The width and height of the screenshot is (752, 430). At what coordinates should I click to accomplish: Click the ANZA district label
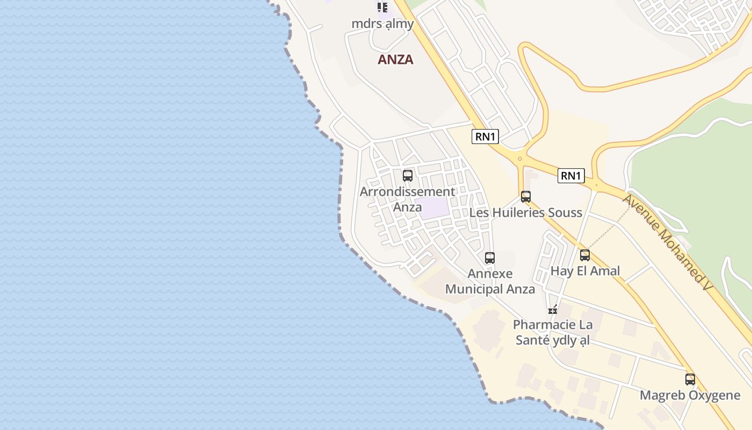click(395, 60)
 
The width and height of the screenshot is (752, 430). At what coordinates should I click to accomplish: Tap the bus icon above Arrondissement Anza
click(408, 175)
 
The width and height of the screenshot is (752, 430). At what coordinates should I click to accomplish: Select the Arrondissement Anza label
click(407, 199)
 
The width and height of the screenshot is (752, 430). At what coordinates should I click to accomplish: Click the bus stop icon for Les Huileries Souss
click(526, 197)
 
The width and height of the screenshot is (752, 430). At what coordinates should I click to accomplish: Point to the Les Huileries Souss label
click(525, 212)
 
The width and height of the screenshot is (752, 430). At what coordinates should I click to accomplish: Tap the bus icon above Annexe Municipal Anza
click(490, 257)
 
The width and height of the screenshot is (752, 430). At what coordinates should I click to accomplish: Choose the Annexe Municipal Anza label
click(490, 281)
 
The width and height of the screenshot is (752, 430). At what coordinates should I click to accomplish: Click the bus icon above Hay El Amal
click(585, 255)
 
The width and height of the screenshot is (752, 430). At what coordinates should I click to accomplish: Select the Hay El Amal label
click(585, 271)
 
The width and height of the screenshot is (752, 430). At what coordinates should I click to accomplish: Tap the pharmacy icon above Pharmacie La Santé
click(553, 309)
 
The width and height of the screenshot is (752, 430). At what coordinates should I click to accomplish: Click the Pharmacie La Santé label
click(553, 332)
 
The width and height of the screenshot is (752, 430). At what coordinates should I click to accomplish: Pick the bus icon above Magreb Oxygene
click(690, 379)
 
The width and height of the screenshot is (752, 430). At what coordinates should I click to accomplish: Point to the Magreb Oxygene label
click(690, 396)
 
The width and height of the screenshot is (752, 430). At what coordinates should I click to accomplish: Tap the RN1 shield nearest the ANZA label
click(485, 137)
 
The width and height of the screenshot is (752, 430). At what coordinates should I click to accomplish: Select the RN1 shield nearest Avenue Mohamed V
click(570, 176)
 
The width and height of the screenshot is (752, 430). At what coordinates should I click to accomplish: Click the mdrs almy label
click(382, 24)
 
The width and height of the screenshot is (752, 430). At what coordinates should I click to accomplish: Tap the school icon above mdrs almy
click(382, 8)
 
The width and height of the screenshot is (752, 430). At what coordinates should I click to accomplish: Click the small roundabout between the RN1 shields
click(519, 159)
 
